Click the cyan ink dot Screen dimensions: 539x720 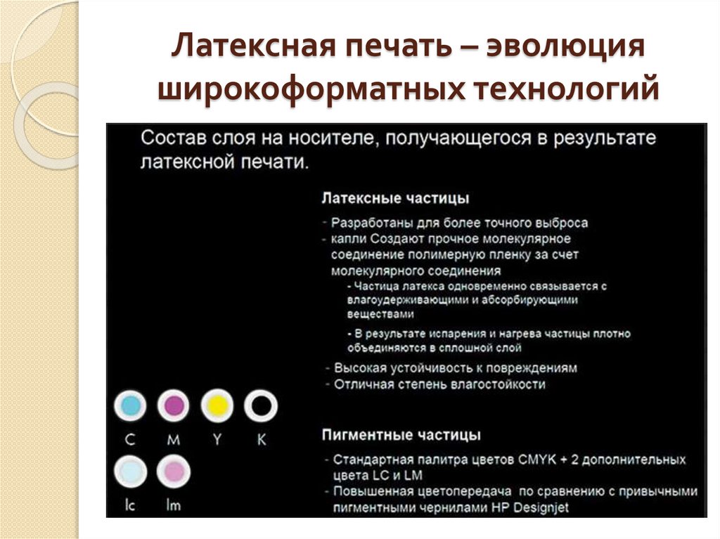coord(129,405)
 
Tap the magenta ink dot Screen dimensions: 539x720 coord(174,405)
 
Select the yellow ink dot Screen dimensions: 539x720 coord(217,405)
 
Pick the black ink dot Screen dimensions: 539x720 coord(261,405)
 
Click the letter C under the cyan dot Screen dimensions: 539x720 coord(130,440)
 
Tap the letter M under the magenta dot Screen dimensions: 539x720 coord(174,440)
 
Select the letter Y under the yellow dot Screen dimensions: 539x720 coord(217,440)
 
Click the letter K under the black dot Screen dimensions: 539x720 coord(262,440)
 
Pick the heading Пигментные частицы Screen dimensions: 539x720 coord(401,434)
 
